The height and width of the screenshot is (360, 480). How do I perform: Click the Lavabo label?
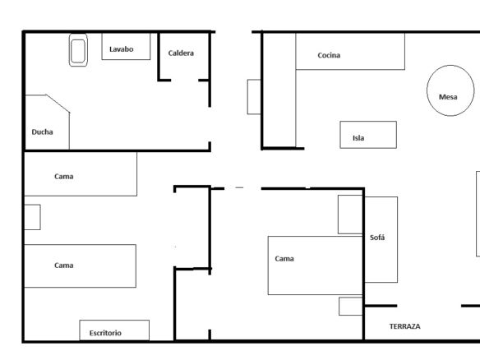coord(121,49)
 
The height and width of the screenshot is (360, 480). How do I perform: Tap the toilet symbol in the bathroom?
coord(78,50)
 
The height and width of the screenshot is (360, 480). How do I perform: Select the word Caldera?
coord(181,53)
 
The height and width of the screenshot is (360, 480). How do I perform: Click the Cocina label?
coord(329,55)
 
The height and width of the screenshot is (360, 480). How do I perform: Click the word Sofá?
coord(377,238)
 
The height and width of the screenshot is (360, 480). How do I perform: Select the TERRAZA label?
coord(404,326)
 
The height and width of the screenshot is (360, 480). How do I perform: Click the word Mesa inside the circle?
coord(448,97)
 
